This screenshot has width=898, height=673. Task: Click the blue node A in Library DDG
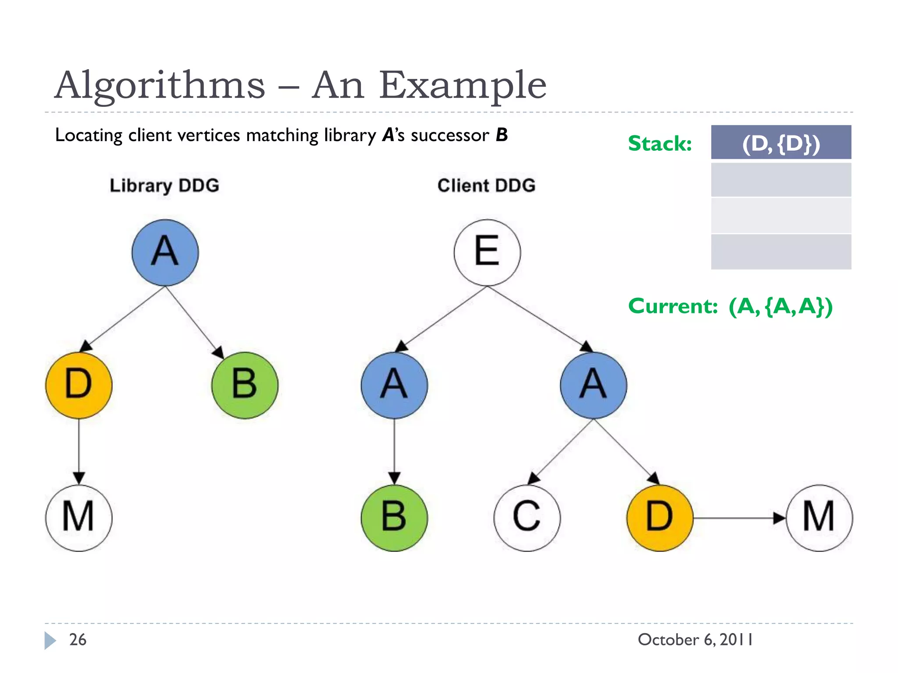pyautogui.click(x=165, y=253)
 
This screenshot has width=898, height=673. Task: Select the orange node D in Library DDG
pyautogui.click(x=79, y=385)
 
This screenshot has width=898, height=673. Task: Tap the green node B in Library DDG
pyautogui.click(x=245, y=385)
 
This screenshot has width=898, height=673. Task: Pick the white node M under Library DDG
pyautogui.click(x=79, y=517)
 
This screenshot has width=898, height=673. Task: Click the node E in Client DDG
pyautogui.click(x=487, y=253)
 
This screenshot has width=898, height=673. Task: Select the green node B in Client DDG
pyautogui.click(x=394, y=517)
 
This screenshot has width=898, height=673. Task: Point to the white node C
pyautogui.click(x=527, y=517)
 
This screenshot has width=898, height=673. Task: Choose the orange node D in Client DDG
pyautogui.click(x=660, y=517)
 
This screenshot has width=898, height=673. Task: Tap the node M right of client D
pyautogui.click(x=819, y=517)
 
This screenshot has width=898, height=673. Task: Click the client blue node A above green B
pyautogui.click(x=394, y=385)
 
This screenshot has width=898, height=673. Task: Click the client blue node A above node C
pyautogui.click(x=593, y=385)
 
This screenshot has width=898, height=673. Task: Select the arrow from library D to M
pyautogui.click(x=79, y=451)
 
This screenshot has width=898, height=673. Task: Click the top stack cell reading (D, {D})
pyautogui.click(x=781, y=142)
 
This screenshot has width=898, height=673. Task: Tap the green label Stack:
pyautogui.click(x=660, y=143)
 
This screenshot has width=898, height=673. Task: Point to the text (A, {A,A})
pyautogui.click(x=780, y=306)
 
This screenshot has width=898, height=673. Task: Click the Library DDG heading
pyautogui.click(x=164, y=186)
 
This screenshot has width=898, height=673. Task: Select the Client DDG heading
pyautogui.click(x=486, y=186)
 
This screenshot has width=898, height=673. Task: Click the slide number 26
pyautogui.click(x=78, y=640)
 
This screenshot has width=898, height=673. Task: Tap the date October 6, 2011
pyautogui.click(x=695, y=640)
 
